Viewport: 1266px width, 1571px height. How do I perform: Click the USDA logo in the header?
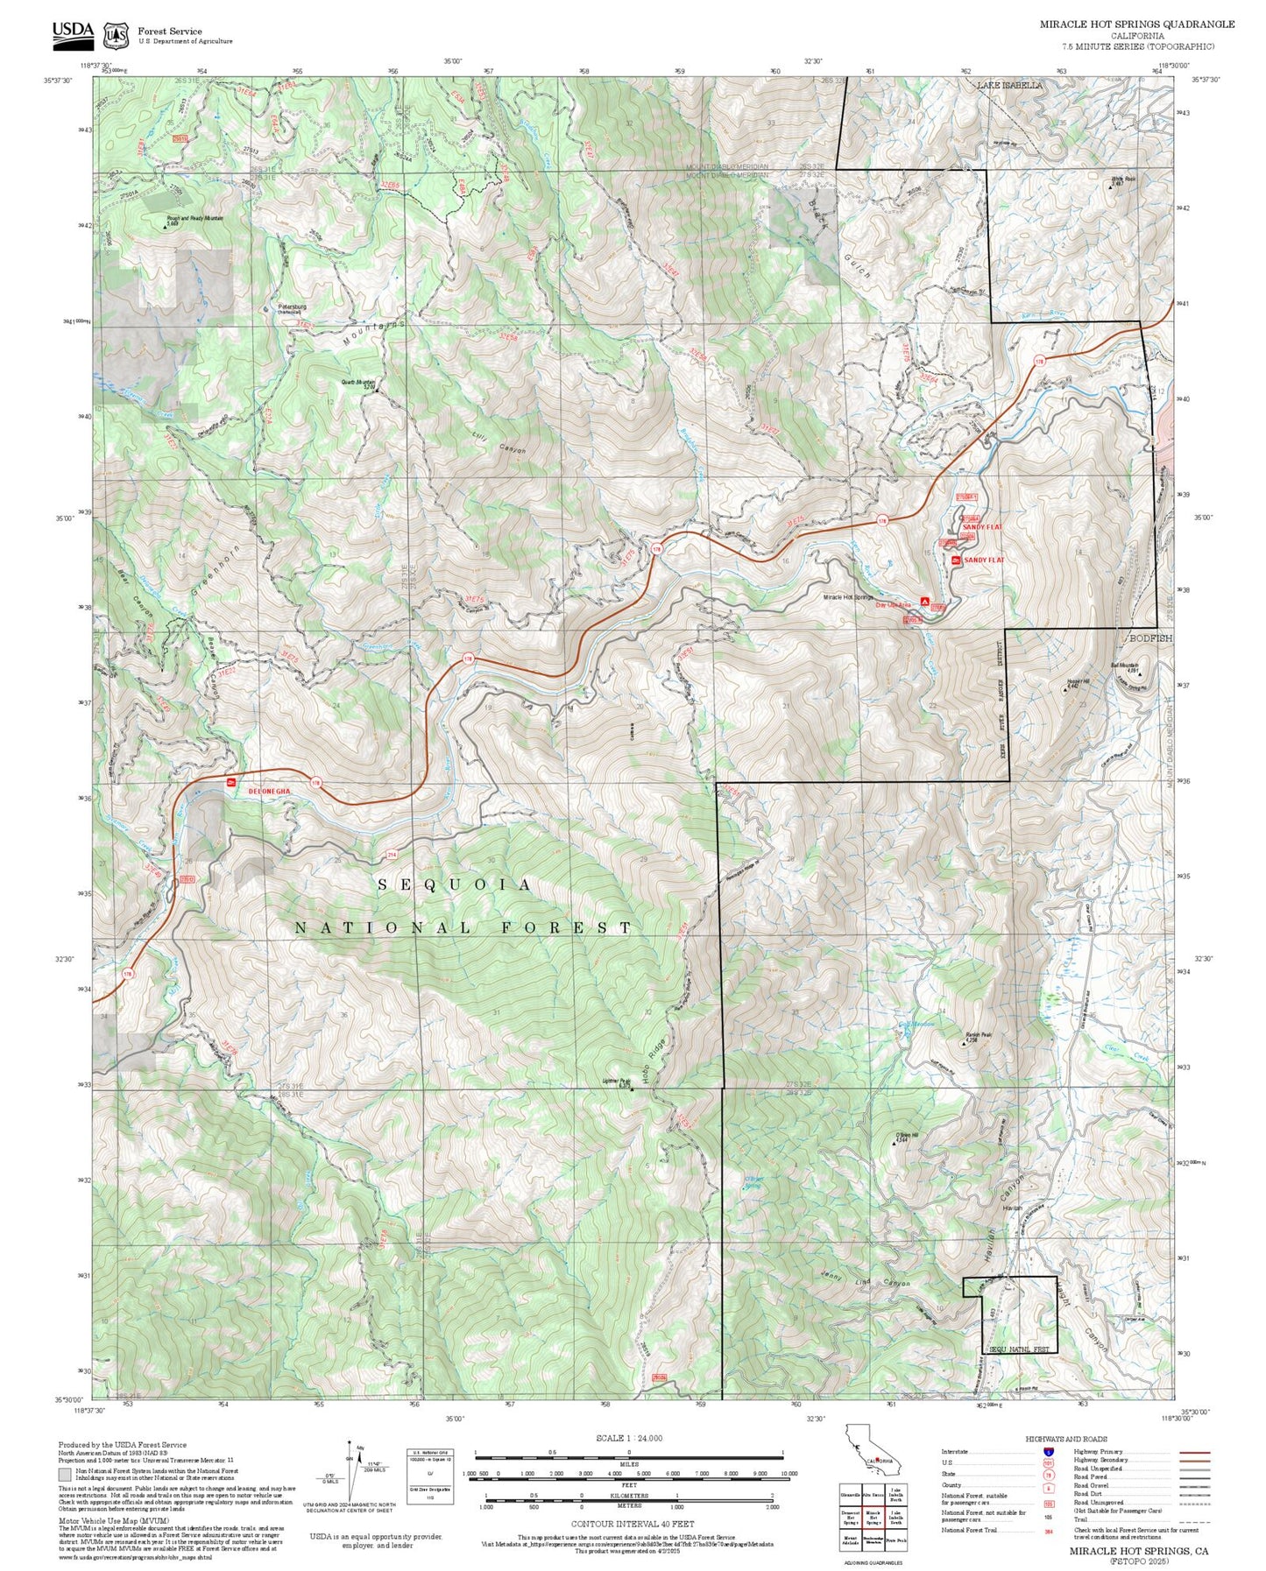pyautogui.click(x=73, y=33)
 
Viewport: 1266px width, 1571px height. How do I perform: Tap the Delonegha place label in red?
pyautogui.click(x=268, y=791)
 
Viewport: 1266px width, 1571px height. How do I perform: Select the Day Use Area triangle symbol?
pyautogui.click(x=925, y=602)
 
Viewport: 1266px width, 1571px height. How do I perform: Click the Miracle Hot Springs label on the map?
pyautogui.click(x=847, y=597)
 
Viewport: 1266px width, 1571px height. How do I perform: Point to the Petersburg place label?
pyautogui.click(x=292, y=307)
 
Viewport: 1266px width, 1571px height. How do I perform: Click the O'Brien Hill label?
pyautogui.click(x=907, y=1136)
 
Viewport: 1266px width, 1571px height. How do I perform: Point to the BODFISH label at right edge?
pyautogui.click(x=1149, y=638)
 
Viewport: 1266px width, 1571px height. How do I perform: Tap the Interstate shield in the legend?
pyautogui.click(x=1049, y=1452)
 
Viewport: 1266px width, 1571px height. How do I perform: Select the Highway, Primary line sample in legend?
pyautogui.click(x=1195, y=1452)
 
